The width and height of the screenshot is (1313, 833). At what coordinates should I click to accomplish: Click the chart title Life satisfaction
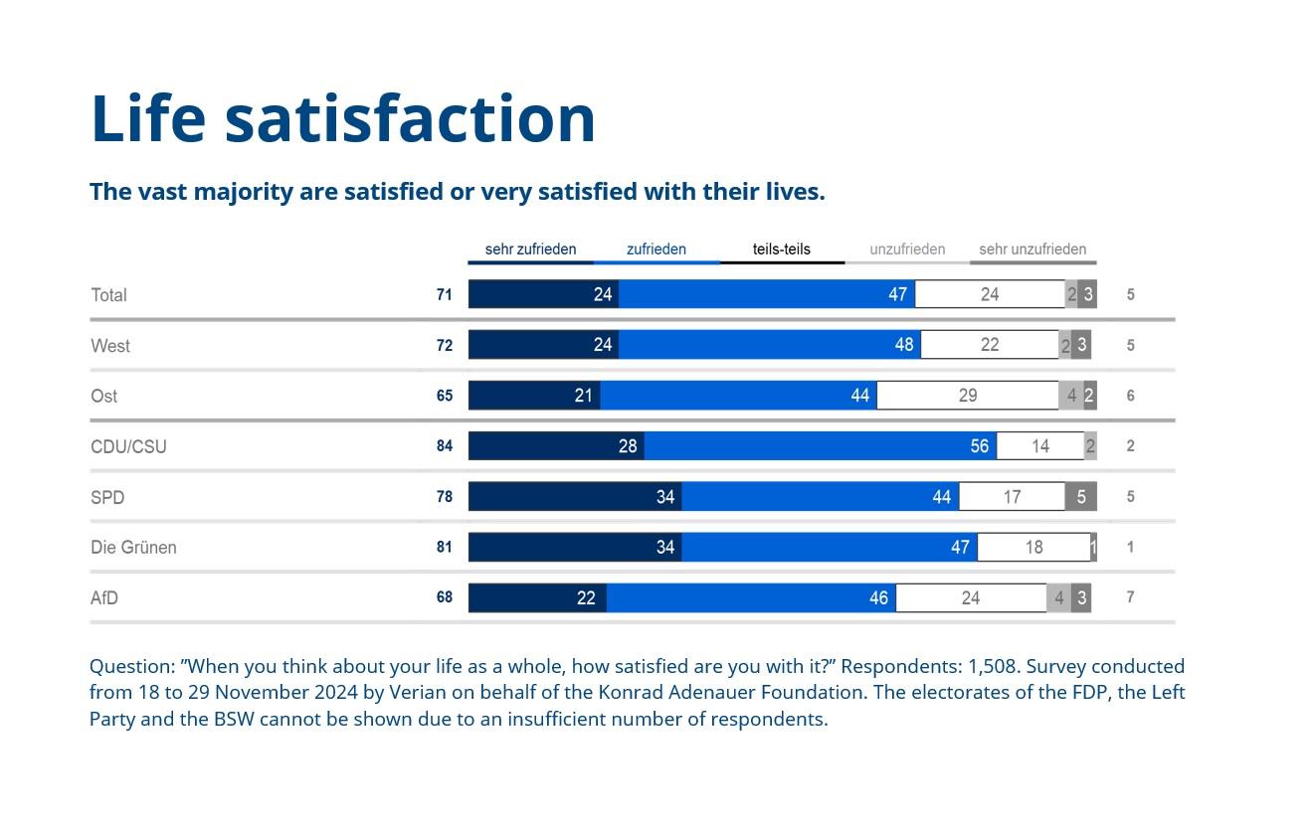click(343, 118)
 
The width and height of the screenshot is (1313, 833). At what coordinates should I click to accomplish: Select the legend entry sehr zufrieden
click(530, 250)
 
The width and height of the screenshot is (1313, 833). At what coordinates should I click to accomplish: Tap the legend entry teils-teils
click(782, 250)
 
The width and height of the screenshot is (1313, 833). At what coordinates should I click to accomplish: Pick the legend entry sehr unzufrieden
click(1032, 250)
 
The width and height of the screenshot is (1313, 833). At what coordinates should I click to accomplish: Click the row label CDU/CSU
click(128, 446)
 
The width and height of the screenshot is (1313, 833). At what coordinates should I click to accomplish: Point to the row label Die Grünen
click(133, 548)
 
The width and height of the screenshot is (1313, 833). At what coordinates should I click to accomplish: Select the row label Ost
click(103, 396)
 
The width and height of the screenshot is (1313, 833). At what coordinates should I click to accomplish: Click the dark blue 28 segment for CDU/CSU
click(556, 445)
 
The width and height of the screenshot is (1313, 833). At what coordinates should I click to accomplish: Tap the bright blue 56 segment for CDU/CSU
click(820, 445)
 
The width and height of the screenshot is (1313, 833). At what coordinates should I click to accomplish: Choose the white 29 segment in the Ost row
click(967, 396)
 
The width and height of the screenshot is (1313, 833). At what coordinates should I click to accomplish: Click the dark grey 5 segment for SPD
click(1081, 496)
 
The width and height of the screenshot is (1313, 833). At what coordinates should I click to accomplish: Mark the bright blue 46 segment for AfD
click(751, 597)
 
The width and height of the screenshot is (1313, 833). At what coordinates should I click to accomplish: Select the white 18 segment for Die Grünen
click(1033, 547)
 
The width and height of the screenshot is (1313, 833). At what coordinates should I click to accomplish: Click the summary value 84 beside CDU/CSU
click(445, 446)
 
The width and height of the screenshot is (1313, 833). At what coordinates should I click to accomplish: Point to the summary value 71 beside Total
click(445, 295)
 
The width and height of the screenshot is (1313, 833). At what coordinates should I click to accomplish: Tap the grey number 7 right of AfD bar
click(1131, 597)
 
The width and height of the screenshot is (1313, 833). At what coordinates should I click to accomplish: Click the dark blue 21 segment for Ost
click(534, 396)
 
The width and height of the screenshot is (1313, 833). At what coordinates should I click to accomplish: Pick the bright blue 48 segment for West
click(769, 345)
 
